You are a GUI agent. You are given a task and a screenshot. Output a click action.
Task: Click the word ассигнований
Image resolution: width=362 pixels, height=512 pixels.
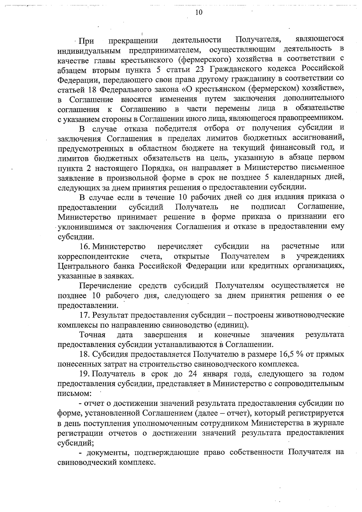coord(319,138)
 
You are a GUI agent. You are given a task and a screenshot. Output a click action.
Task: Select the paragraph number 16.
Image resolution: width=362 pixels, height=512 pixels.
coord(85,246)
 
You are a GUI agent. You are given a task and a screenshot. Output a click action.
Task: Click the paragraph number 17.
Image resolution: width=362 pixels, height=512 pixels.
coord(85,315)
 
